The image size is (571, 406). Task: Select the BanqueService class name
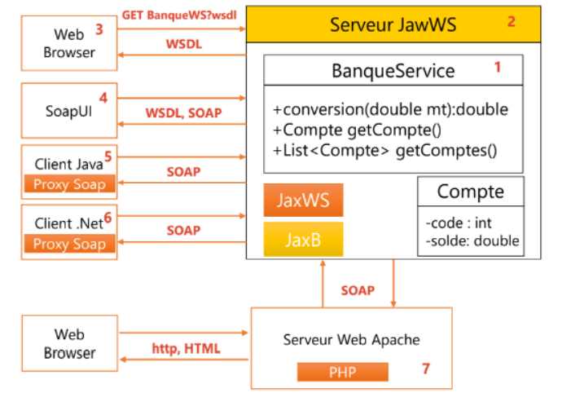[x=393, y=71]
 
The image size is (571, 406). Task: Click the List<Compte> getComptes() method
[x=385, y=151]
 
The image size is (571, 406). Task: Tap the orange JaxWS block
[x=303, y=200]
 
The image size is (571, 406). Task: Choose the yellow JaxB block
[x=303, y=239]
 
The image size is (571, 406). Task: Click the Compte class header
[x=470, y=192]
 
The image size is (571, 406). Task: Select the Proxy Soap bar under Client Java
[x=69, y=185]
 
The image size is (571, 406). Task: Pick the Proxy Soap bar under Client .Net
[x=69, y=244]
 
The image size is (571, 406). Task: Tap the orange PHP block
[x=342, y=372]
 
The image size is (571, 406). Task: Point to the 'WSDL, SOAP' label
[x=183, y=113]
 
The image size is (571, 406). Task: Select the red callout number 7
[x=425, y=368]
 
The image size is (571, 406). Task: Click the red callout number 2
[x=512, y=22]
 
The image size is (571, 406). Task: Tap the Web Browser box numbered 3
[x=69, y=42]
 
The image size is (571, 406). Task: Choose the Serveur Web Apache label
[x=351, y=338]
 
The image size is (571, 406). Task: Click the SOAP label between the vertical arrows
[x=358, y=290]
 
